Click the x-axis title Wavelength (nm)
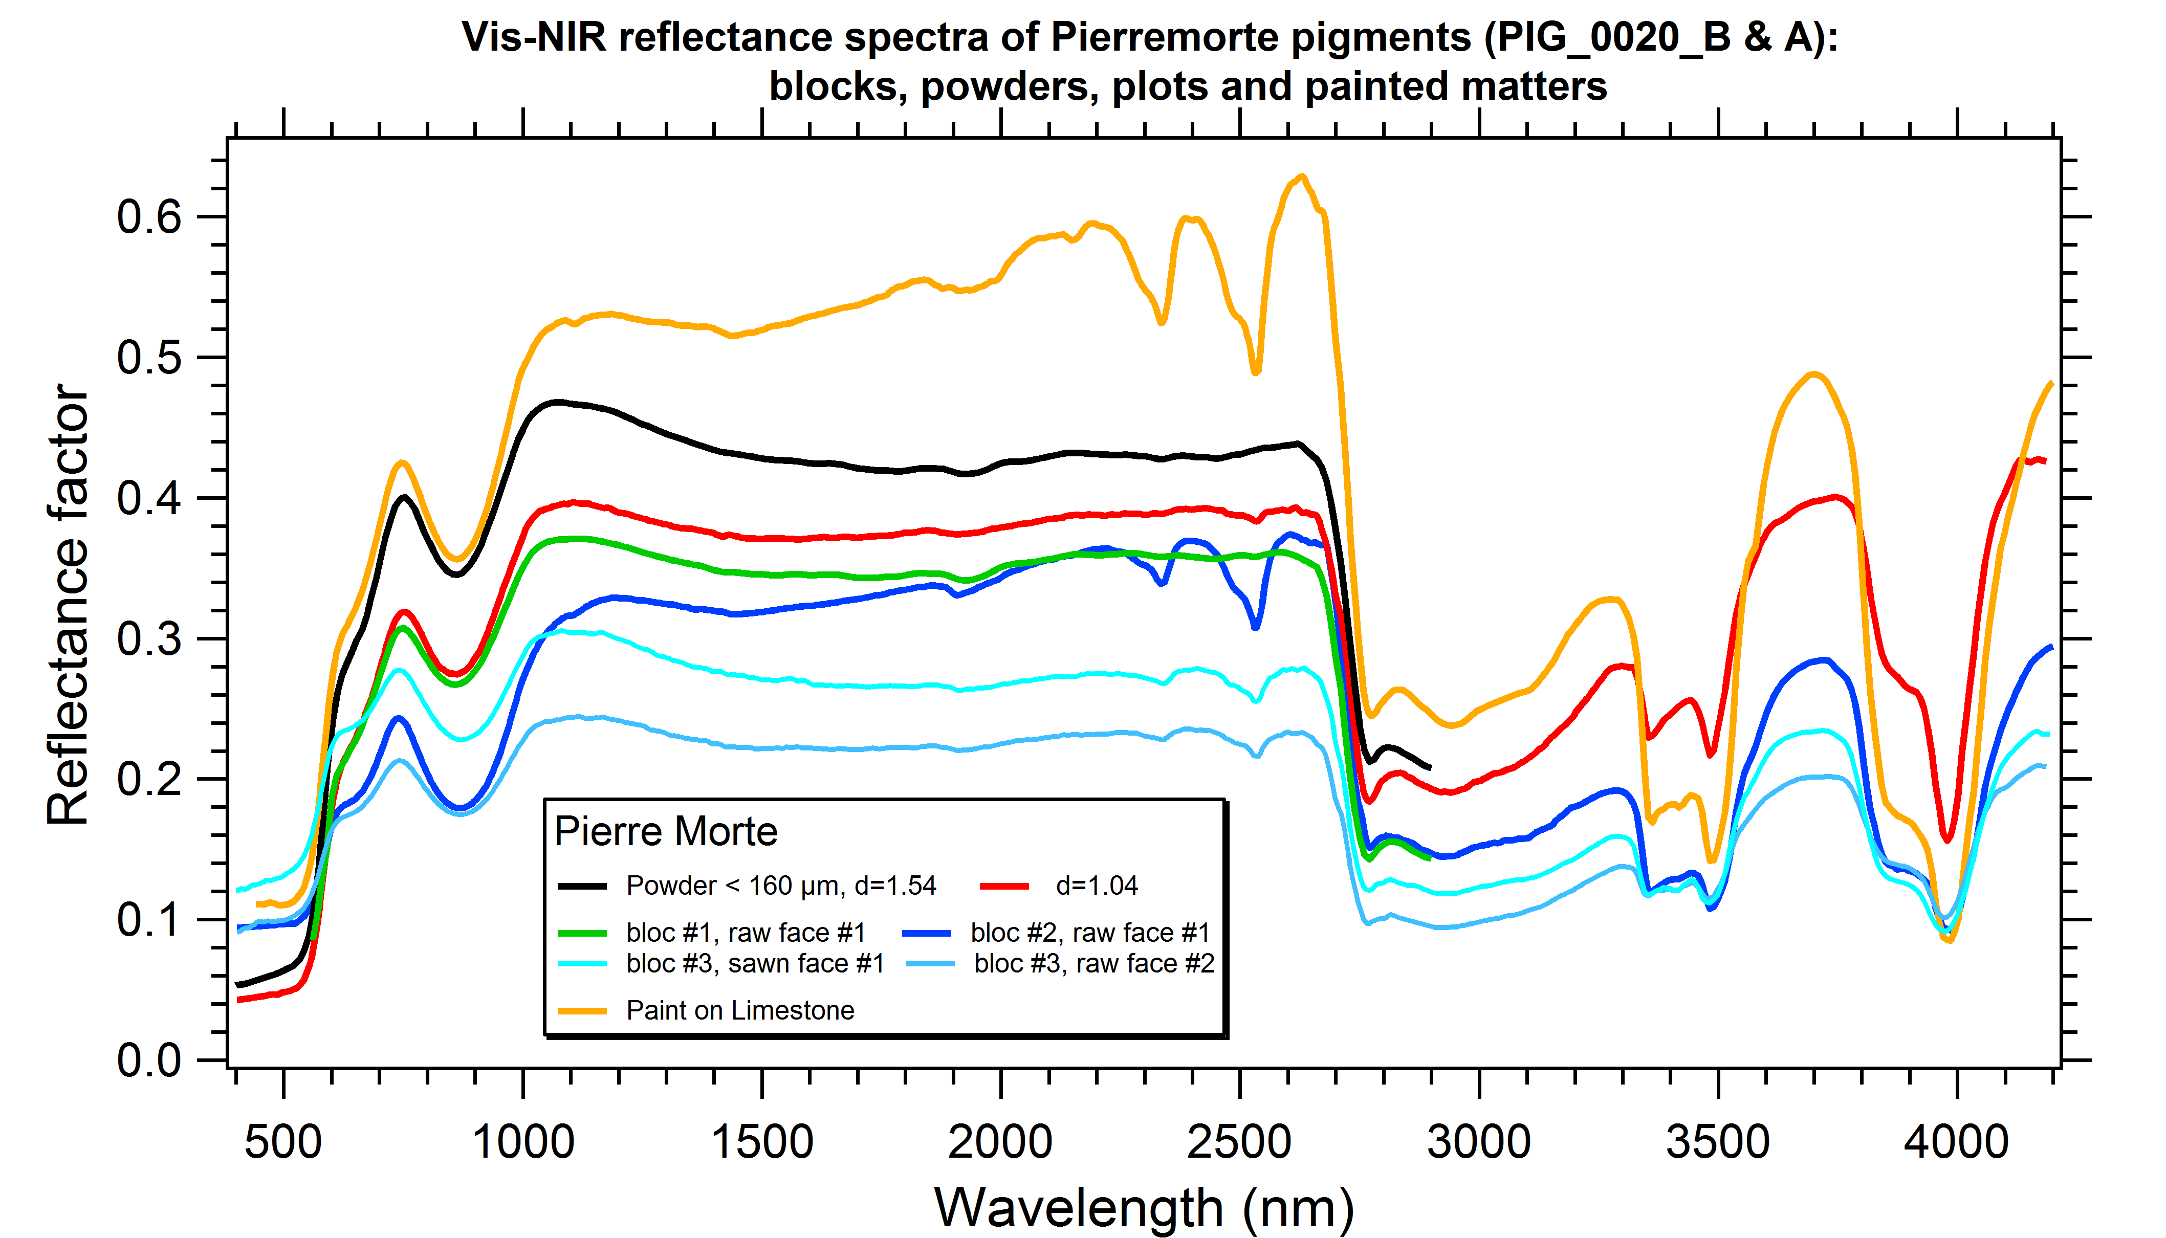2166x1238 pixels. [x=1144, y=1207]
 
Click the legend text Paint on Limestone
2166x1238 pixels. [x=740, y=1010]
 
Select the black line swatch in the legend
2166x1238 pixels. [x=582, y=886]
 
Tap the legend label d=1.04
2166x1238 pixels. [x=1096, y=886]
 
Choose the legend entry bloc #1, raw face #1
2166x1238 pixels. [x=746, y=933]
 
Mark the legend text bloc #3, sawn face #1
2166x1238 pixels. [x=755, y=963]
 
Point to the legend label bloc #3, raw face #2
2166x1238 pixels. [x=1093, y=963]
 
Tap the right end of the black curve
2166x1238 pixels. [x=1430, y=768]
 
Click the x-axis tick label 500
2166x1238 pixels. [x=283, y=1141]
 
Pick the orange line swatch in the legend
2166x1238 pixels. [x=582, y=1011]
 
